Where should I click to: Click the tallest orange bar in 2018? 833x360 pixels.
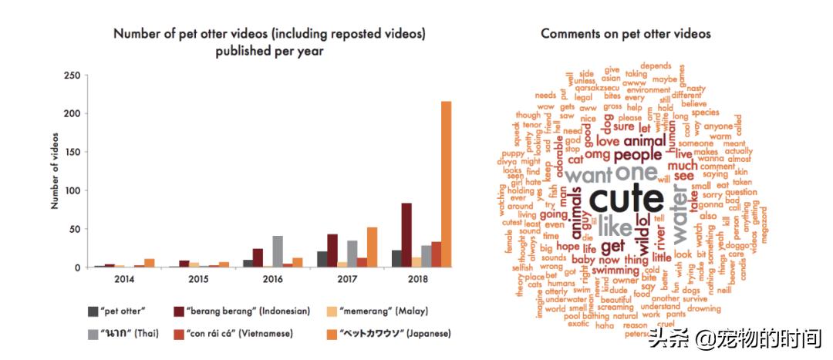446,185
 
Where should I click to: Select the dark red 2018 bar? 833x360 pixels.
406,235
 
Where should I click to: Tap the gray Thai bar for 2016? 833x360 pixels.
278,251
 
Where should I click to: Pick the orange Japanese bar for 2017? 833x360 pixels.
372,247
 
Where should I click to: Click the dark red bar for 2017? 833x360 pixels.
332,251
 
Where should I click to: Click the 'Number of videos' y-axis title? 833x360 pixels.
55,171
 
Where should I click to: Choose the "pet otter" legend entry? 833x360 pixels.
116,311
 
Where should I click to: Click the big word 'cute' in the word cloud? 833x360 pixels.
626,199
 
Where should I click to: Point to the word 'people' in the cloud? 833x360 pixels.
632,154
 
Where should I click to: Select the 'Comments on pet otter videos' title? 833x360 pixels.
626,34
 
